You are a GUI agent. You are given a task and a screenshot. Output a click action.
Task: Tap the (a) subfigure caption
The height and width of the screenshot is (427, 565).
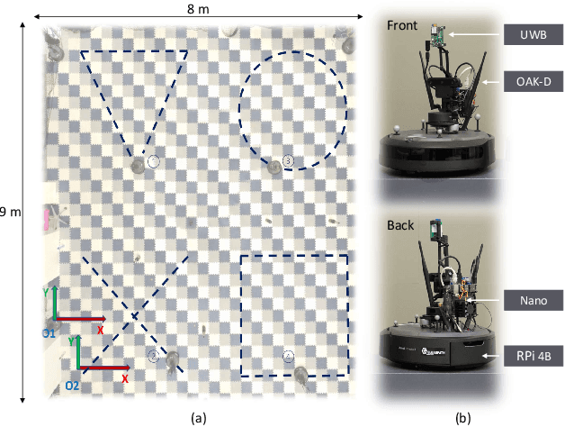coord(199,416)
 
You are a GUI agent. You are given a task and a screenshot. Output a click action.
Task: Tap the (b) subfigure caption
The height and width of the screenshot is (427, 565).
coord(462,416)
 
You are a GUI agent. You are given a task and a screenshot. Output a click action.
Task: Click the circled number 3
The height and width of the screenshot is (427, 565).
coord(287,160)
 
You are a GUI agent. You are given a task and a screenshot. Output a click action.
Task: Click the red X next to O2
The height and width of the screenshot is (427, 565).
coord(124,379)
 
